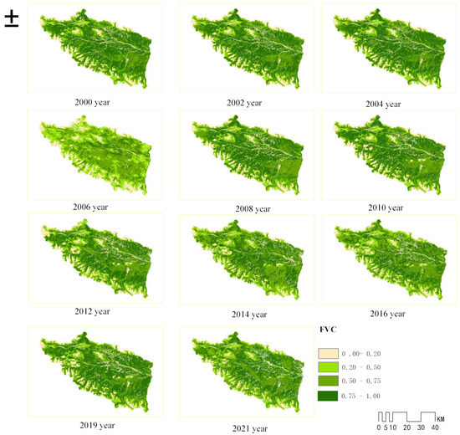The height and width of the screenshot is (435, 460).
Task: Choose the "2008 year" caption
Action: [252, 208]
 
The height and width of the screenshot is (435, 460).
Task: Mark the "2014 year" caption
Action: [252, 314]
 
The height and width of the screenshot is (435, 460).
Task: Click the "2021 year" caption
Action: [252, 428]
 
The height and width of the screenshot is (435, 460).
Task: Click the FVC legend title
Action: [328, 331]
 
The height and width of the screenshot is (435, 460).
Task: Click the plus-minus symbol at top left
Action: [12, 18]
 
